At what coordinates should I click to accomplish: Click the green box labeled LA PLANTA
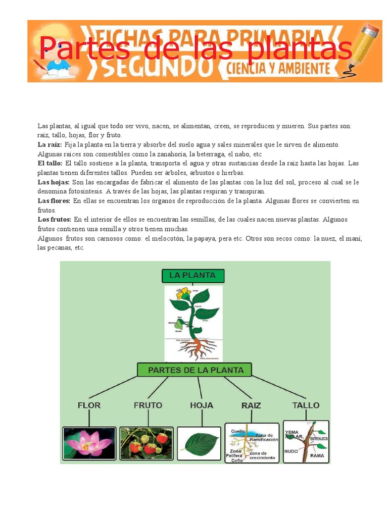(x=192, y=276)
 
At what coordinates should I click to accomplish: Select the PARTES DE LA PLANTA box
(x=195, y=370)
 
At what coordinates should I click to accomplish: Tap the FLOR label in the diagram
(x=89, y=405)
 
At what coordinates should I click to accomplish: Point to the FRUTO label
(x=148, y=405)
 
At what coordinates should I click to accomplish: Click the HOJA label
(x=202, y=405)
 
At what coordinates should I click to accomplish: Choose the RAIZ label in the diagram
(x=251, y=405)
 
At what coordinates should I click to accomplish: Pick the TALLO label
(x=306, y=405)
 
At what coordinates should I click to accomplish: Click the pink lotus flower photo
(x=89, y=444)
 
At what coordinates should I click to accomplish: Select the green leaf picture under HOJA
(x=199, y=444)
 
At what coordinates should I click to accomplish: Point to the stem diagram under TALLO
(x=306, y=442)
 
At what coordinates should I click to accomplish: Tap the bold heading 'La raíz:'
(x=49, y=145)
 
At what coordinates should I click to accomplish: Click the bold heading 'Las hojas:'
(x=53, y=182)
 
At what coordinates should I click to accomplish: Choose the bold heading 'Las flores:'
(x=54, y=201)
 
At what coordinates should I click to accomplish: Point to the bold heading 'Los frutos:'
(x=54, y=220)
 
